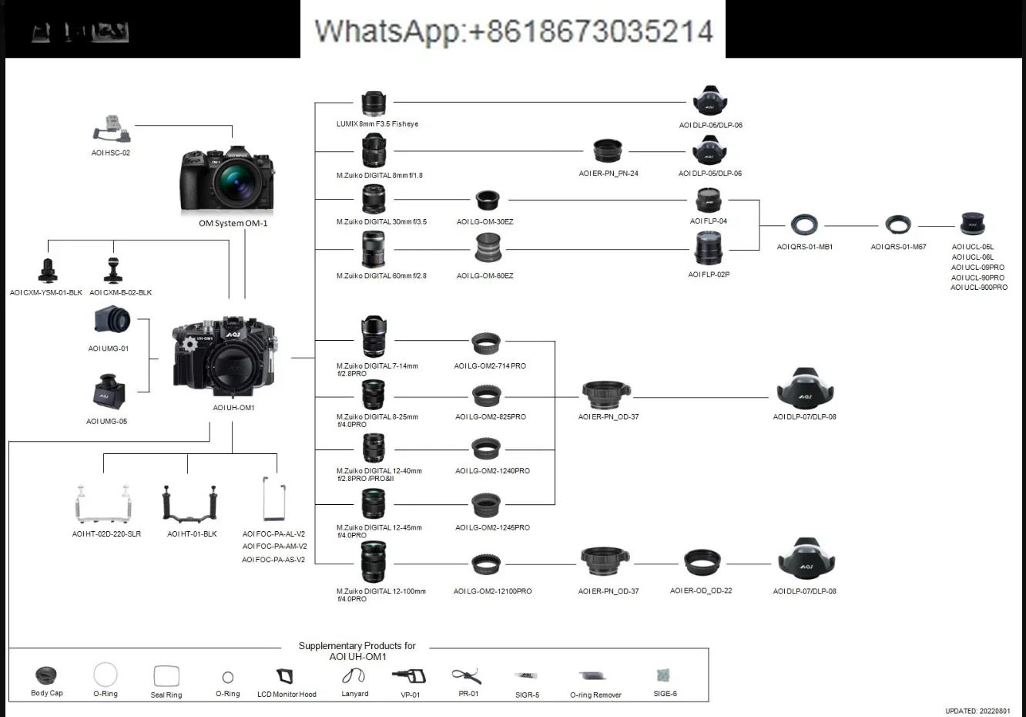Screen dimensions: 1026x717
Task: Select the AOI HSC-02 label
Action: click(111, 153)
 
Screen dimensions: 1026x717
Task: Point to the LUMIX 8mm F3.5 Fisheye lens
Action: click(374, 103)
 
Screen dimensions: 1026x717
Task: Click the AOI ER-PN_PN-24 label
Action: click(609, 173)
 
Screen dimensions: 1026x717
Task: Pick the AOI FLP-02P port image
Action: click(708, 248)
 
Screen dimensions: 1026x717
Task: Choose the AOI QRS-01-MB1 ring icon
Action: click(804, 225)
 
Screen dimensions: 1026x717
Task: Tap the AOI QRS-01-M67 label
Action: click(898, 247)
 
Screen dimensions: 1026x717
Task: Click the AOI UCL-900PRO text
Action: click(979, 288)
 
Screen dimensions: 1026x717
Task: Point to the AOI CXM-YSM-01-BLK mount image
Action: click(48, 271)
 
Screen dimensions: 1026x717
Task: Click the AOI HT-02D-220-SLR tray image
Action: click(106, 504)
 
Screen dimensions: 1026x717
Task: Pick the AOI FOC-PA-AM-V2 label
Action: click(274, 547)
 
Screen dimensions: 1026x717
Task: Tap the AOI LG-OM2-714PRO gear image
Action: click(486, 343)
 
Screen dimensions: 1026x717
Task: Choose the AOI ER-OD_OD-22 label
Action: click(701, 591)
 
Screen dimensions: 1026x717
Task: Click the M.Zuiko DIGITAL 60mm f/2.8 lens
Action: click(374, 250)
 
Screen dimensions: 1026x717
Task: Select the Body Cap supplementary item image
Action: click(46, 675)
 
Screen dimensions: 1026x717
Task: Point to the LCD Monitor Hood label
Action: click(287, 695)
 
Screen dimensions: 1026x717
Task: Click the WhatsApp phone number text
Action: click(513, 31)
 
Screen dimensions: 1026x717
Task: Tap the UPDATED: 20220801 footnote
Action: click(977, 711)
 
